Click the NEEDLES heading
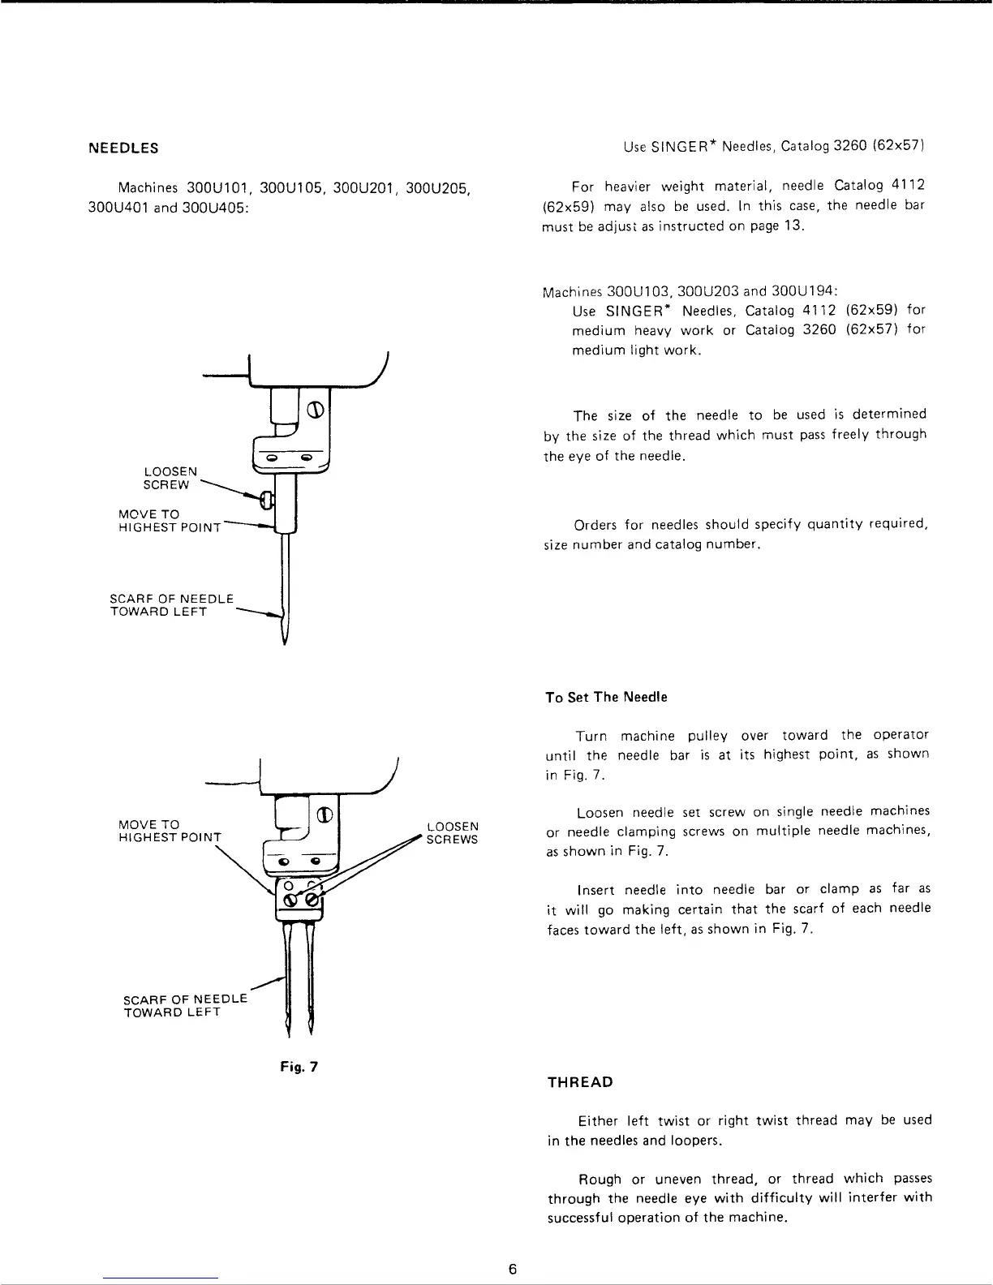123,148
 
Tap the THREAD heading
579,1082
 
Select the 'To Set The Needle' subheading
606,698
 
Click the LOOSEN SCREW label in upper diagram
169,478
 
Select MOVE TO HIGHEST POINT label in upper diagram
168,521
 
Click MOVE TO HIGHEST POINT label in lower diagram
169,831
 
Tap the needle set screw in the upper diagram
264,501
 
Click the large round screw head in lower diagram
323,814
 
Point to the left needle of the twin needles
289,982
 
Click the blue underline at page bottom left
161,1278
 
